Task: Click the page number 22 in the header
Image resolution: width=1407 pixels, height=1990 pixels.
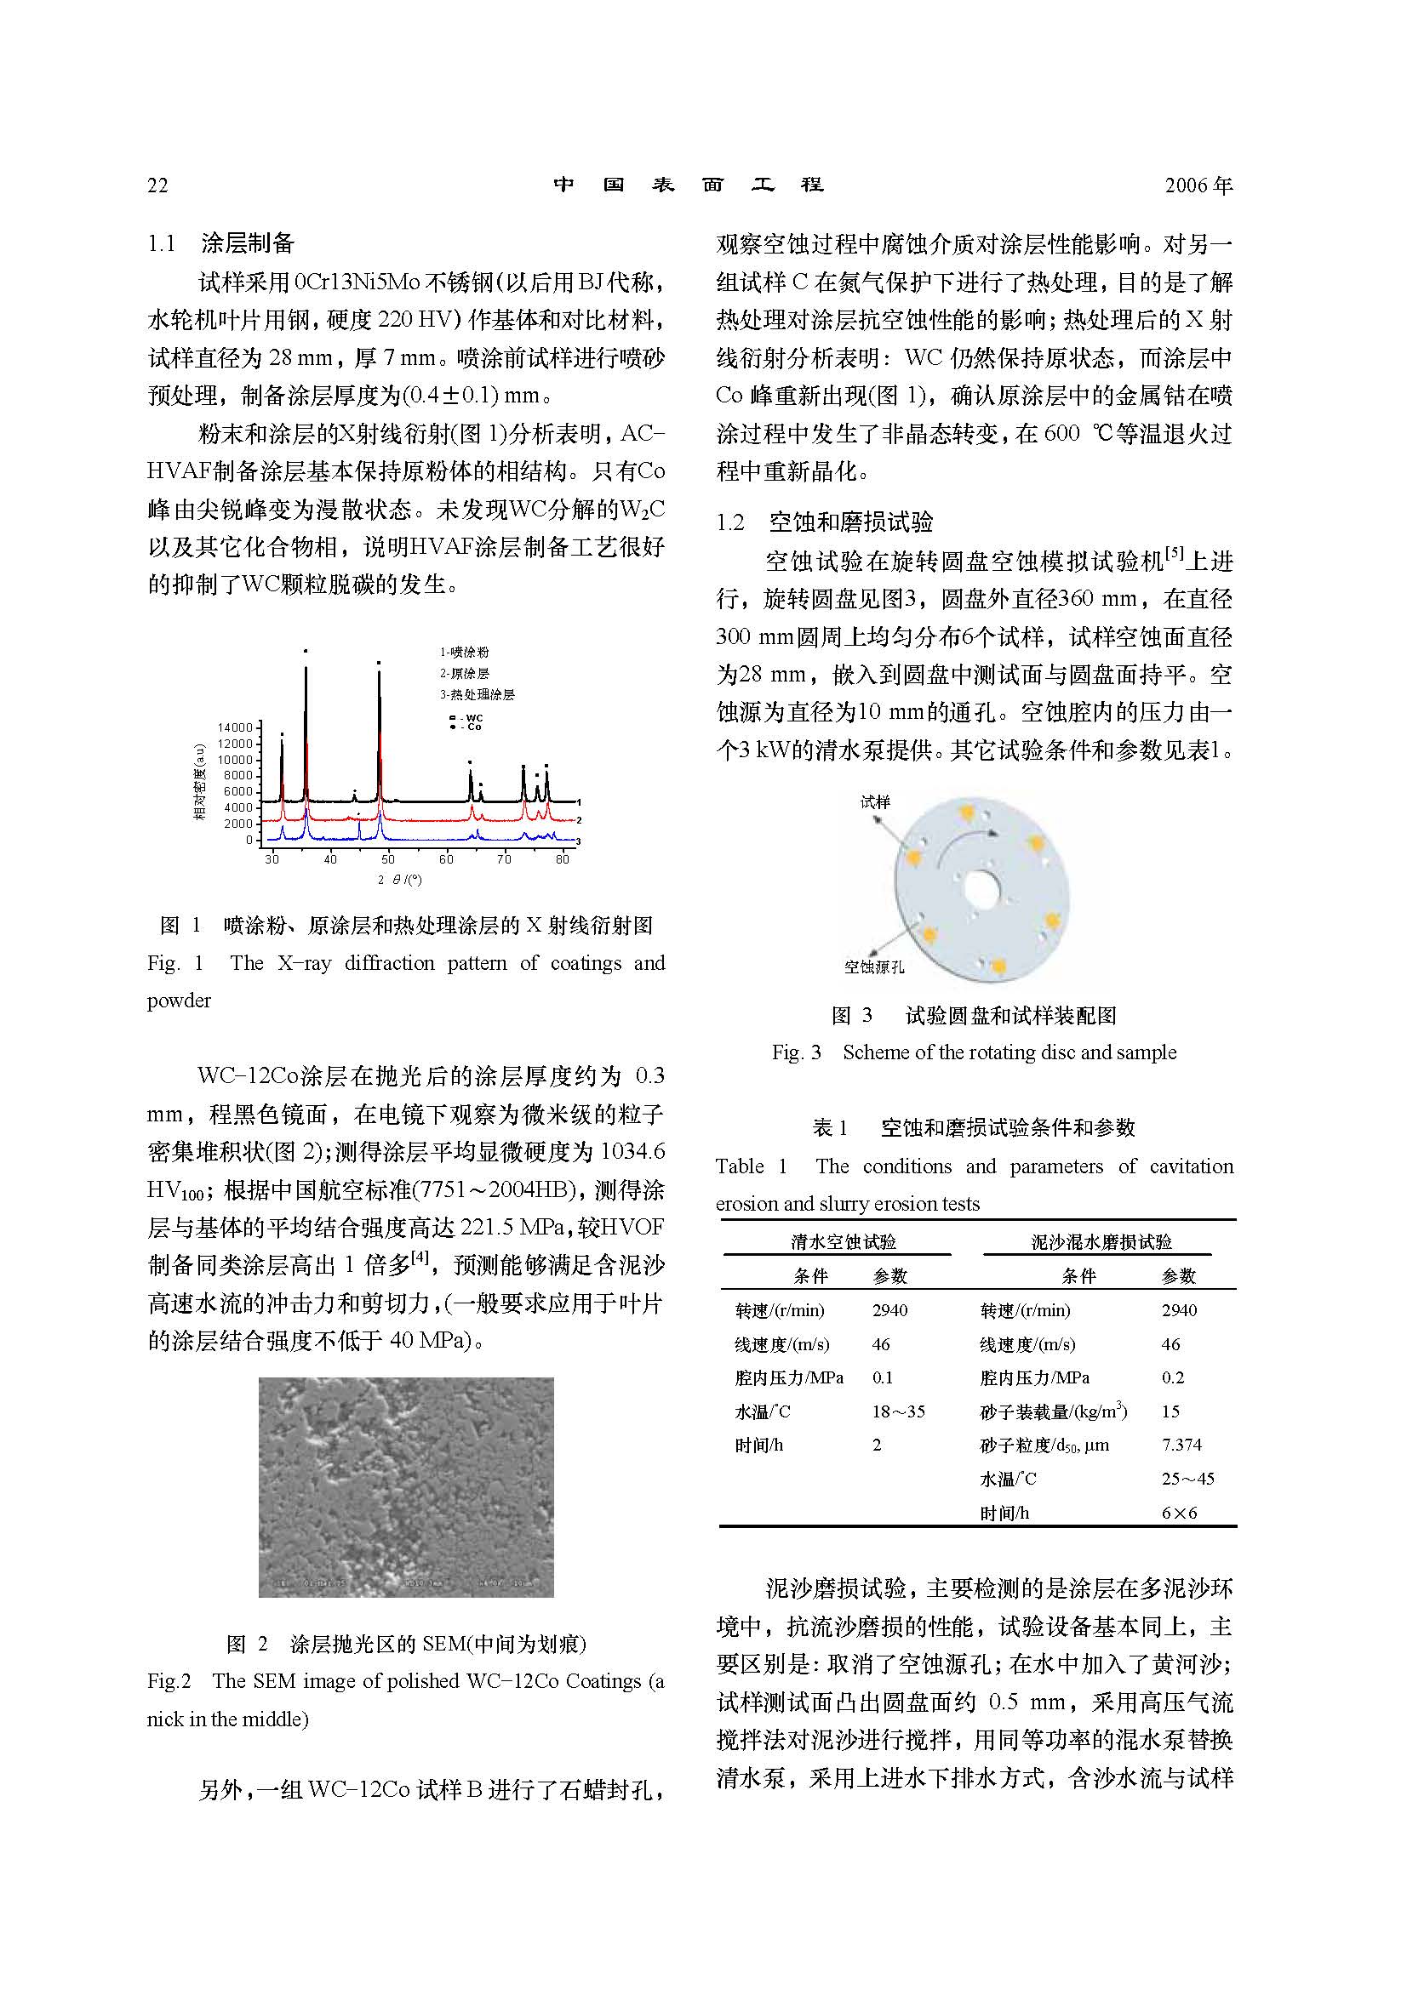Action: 157,185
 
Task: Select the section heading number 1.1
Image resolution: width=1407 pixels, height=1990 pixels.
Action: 161,243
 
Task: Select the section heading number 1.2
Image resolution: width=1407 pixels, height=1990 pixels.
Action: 730,522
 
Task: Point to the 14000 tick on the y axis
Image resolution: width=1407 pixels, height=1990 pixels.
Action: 234,727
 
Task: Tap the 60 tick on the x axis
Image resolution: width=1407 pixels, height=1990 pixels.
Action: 446,859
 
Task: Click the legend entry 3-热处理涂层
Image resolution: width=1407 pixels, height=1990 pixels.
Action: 477,695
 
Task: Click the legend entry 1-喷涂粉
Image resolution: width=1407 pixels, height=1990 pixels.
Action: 464,653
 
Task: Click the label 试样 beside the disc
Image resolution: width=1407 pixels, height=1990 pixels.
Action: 875,801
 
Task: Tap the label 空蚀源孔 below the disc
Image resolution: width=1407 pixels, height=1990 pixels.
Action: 874,966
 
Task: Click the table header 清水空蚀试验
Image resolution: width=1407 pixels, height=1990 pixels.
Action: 843,1242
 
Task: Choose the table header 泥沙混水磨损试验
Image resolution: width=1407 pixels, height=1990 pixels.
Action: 1101,1242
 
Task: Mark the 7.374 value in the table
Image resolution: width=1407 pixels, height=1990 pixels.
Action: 1181,1445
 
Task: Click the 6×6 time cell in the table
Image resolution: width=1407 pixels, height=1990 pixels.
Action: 1179,1514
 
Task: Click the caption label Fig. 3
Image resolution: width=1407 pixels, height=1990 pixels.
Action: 796,1052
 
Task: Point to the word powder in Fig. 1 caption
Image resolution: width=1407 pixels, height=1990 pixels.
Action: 179,1001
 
